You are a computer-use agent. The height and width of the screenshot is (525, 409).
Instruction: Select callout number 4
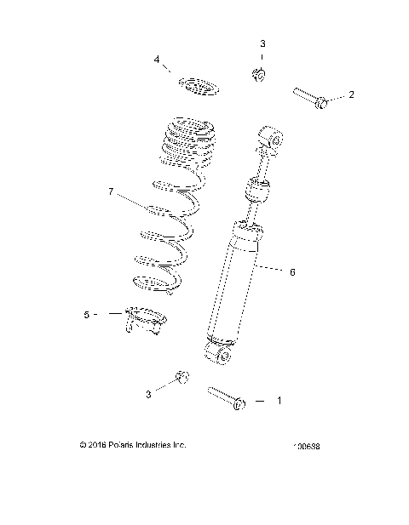tap(158, 60)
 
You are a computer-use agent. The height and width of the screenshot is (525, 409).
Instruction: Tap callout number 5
tap(87, 314)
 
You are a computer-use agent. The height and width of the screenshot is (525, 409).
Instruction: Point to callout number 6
tap(292, 272)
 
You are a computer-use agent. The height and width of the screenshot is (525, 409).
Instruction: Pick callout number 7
tap(111, 192)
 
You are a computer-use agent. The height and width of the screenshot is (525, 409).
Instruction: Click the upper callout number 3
tap(262, 43)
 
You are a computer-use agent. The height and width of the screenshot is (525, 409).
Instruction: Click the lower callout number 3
tap(150, 394)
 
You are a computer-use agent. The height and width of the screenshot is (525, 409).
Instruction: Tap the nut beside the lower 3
tap(181, 377)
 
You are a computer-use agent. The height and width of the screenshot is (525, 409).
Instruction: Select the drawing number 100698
tap(312, 446)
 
